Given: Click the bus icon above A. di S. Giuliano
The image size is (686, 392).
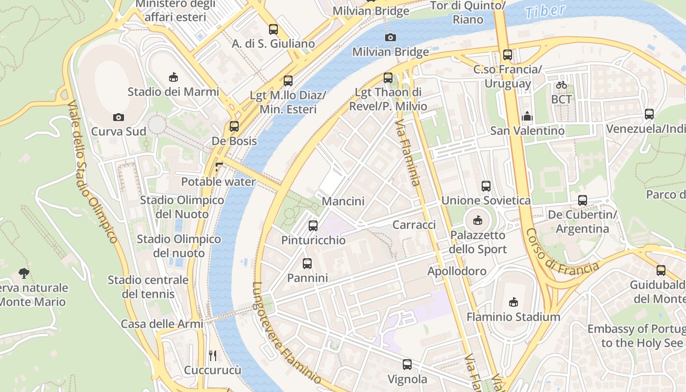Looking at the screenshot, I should [x=273, y=29].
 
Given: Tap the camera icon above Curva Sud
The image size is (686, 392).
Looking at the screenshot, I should [x=118, y=117].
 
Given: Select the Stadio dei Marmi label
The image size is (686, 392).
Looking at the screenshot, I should [x=173, y=92].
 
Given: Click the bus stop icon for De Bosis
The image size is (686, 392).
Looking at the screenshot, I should [x=234, y=126].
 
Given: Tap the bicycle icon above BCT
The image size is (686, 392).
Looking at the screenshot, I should [x=561, y=85].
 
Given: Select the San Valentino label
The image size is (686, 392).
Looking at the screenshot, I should [x=527, y=131].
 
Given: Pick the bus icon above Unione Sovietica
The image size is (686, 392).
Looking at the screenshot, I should [x=486, y=186].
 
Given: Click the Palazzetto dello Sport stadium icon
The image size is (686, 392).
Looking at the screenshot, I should [x=478, y=220].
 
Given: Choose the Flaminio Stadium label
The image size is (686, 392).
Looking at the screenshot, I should [x=513, y=317].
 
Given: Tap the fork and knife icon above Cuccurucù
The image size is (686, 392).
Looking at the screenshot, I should [x=213, y=355].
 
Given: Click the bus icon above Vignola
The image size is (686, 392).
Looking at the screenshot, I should [x=407, y=365].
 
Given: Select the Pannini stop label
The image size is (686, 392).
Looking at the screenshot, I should [x=307, y=278].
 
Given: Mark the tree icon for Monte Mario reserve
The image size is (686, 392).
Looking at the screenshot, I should [x=24, y=273].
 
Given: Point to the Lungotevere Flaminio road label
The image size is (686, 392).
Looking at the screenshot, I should [x=286, y=333].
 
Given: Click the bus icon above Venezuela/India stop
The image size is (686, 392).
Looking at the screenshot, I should [x=649, y=114].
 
